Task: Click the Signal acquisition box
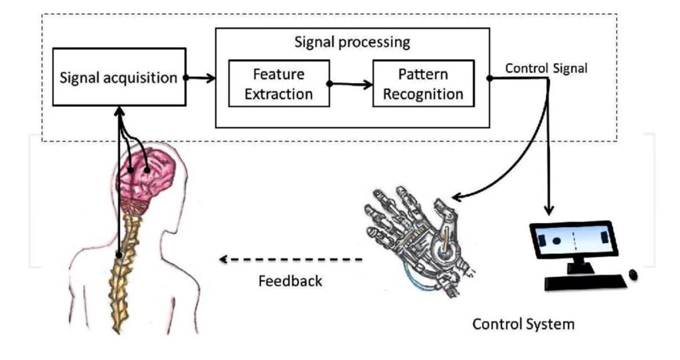click(x=118, y=77)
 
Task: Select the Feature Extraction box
click(x=278, y=84)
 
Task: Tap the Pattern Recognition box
click(x=423, y=83)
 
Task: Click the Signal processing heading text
click(x=352, y=42)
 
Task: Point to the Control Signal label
click(x=546, y=68)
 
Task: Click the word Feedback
click(x=290, y=280)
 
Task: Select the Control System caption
click(x=523, y=325)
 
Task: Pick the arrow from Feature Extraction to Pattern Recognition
click(x=351, y=84)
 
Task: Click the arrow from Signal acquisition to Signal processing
click(x=201, y=78)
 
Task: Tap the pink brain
click(x=147, y=169)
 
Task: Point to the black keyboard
click(x=584, y=282)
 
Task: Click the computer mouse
click(x=633, y=274)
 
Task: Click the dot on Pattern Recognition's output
click(x=489, y=78)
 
